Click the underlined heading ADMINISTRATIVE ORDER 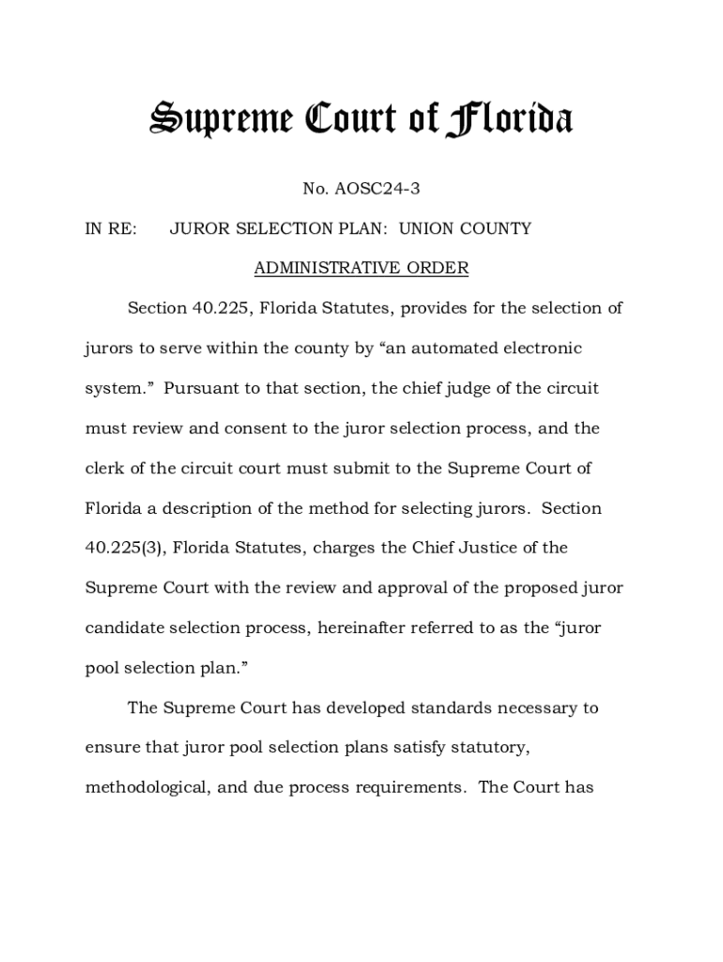361,269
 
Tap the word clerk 106,468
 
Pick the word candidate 123,628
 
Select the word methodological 146,787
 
